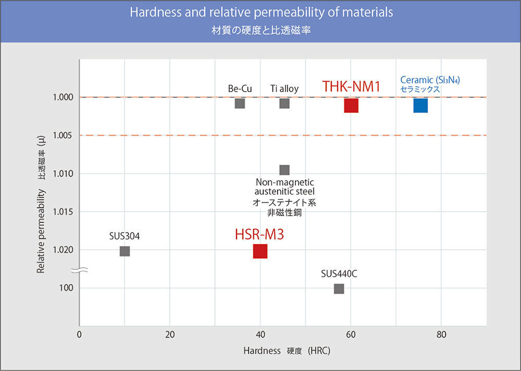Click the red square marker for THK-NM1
(351, 105)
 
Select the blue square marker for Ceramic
(420, 105)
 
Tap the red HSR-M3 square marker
(260, 251)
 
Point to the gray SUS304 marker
(125, 251)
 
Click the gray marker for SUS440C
(339, 288)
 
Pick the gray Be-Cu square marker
(240, 103)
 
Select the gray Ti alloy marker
(284, 103)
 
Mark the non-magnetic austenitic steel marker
(284, 170)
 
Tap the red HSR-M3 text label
(259, 235)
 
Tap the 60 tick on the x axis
(351, 335)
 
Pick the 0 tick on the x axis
(79, 335)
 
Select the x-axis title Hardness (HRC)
(287, 351)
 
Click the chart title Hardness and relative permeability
(261, 12)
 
